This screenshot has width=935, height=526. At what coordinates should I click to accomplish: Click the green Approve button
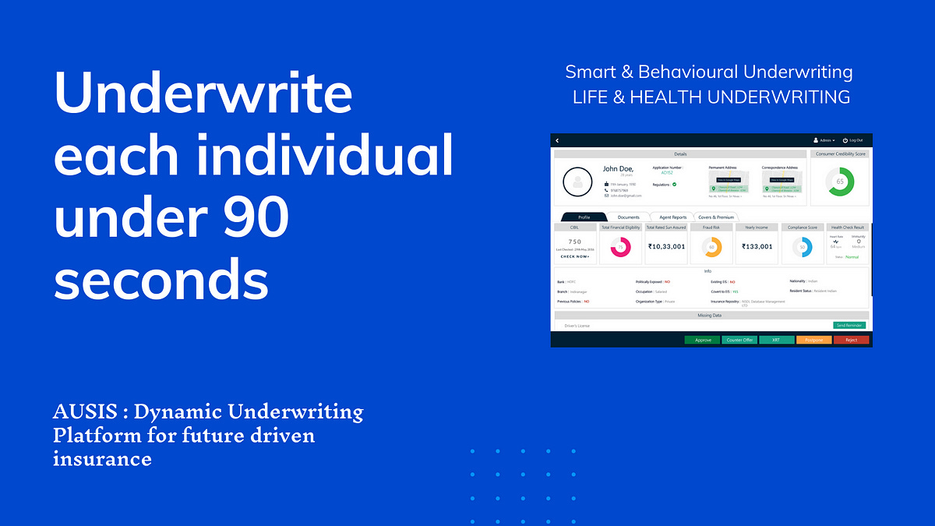tap(703, 340)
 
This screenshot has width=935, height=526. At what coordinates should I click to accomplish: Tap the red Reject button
tap(851, 340)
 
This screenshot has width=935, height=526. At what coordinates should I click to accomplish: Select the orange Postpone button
tap(813, 340)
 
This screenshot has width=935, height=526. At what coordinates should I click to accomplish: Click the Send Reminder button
tap(849, 325)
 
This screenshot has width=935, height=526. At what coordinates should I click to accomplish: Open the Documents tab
tap(628, 217)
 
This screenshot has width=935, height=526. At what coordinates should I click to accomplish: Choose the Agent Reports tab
tap(672, 217)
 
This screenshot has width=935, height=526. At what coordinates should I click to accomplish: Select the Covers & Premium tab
tap(715, 217)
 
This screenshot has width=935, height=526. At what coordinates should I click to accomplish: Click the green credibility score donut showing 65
tap(840, 182)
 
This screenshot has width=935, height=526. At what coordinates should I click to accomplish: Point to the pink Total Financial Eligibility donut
tap(621, 247)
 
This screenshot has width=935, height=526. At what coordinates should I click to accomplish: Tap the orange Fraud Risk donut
tap(711, 247)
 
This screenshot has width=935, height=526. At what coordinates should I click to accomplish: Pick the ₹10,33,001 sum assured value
tap(666, 246)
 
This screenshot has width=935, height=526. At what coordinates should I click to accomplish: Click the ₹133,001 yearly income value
tap(757, 246)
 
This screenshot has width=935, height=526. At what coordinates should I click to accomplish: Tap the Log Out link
tap(852, 140)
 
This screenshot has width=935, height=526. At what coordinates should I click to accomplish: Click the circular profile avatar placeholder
tap(577, 182)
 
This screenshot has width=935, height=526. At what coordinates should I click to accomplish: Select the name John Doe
tap(617, 168)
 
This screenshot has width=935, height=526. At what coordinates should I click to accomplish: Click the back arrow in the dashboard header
tap(557, 140)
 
